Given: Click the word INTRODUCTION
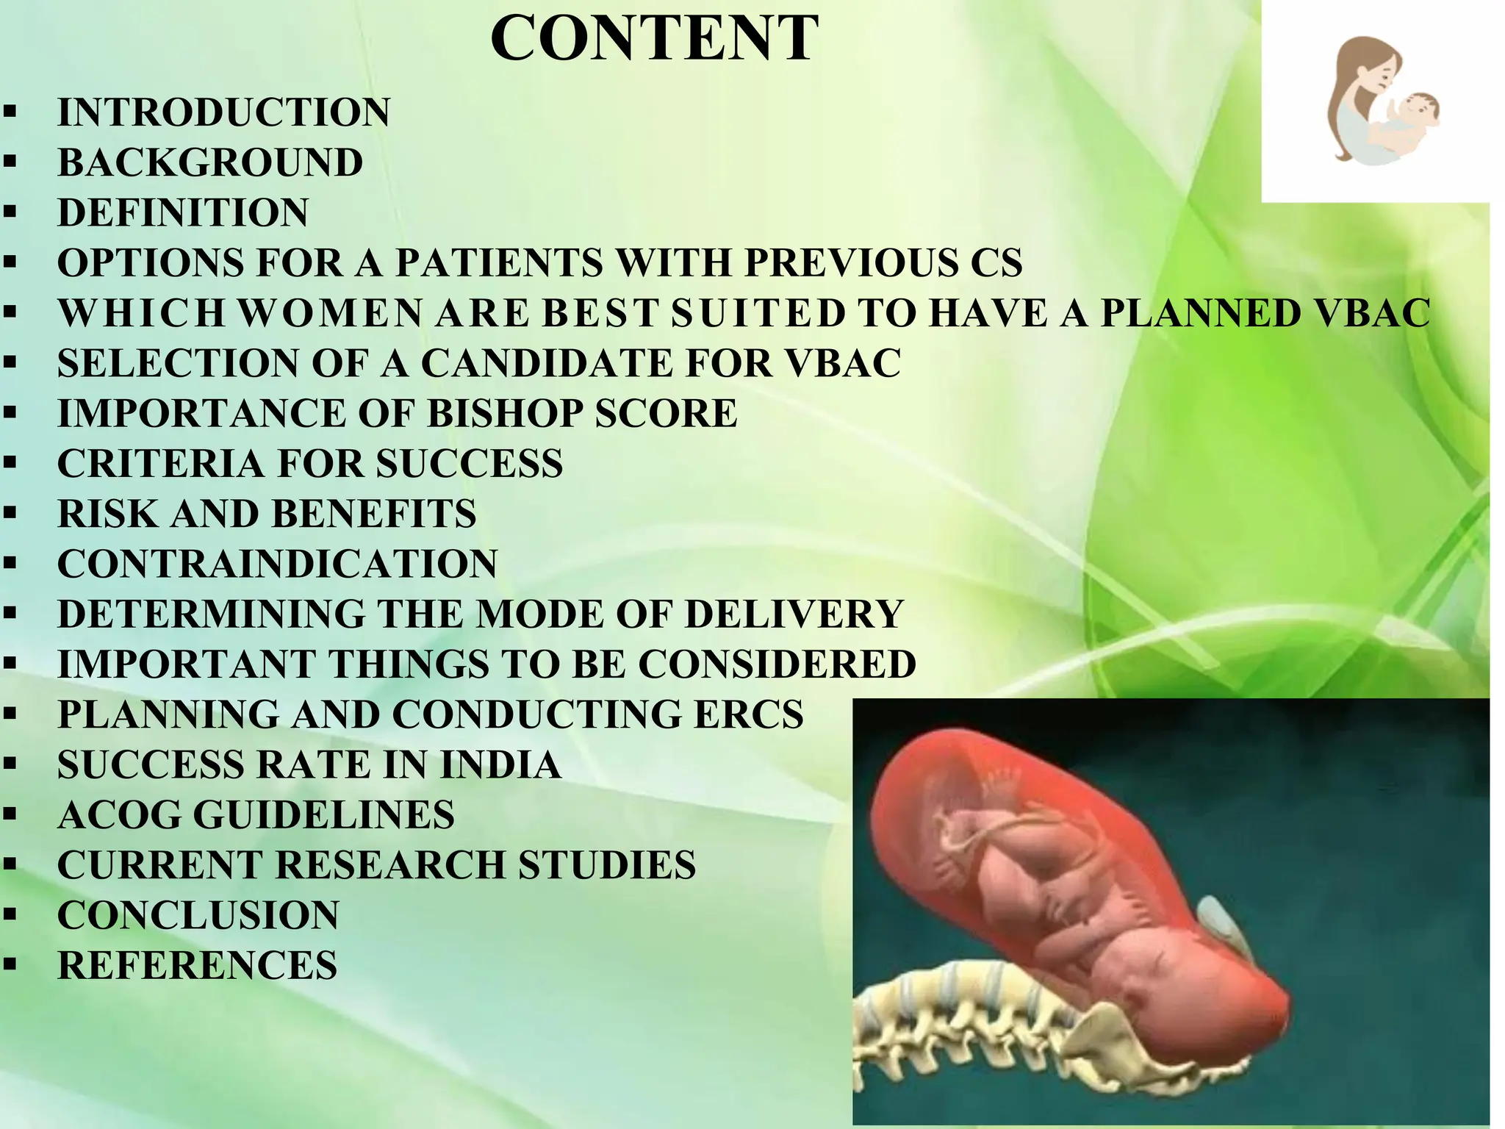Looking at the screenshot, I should point(224,112).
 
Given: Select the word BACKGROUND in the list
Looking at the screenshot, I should point(210,162).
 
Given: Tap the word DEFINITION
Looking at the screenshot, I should point(183,212).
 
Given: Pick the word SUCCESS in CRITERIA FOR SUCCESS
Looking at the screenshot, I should point(470,464).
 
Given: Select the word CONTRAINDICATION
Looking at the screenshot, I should point(278,564).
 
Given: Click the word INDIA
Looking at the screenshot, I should point(500,764).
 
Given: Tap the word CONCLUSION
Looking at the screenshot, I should point(198,915).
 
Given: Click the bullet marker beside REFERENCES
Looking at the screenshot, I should point(10,965).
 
